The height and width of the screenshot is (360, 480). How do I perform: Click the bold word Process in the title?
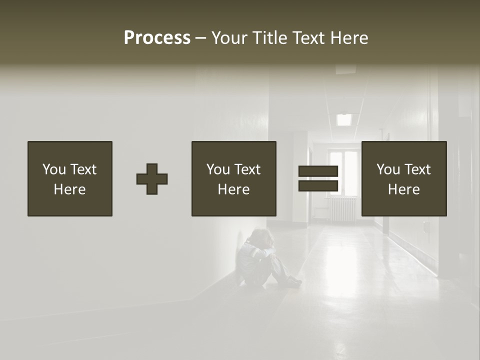point(157,38)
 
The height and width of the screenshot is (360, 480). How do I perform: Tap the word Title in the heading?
point(269,38)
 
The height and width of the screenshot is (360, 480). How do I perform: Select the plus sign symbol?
point(152,179)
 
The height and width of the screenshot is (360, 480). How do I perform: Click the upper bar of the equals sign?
point(318,171)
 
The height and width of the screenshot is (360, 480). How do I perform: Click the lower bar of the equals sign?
point(318,186)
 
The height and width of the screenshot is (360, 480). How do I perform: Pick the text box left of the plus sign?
point(70,178)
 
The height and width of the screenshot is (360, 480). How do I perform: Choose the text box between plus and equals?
point(233,178)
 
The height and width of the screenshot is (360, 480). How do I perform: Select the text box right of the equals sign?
point(404,178)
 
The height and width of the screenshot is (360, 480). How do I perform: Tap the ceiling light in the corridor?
point(344,119)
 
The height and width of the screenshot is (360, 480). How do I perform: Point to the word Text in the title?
point(306,38)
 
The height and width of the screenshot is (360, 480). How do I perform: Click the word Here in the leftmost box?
point(70,189)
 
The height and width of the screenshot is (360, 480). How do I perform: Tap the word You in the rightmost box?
point(388,169)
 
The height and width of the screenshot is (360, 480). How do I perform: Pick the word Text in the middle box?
point(248,169)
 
